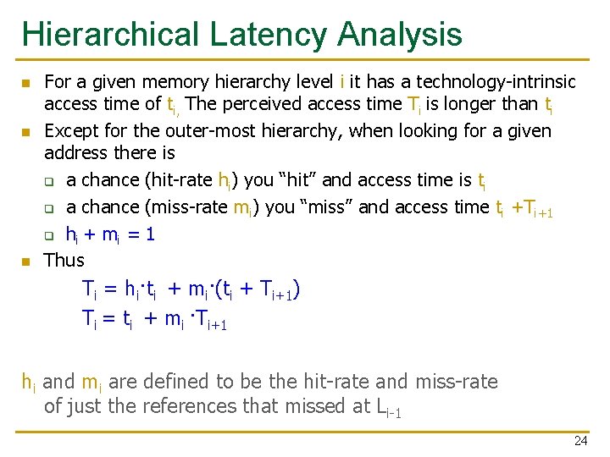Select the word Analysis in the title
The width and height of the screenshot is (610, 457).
pyautogui.click(x=399, y=35)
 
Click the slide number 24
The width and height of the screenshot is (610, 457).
pyautogui.click(x=580, y=441)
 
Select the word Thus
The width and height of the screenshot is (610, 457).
pyautogui.click(x=64, y=260)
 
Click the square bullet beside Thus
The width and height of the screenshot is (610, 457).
pyautogui.click(x=25, y=261)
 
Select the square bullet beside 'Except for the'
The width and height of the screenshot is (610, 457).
pyautogui.click(x=25, y=132)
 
